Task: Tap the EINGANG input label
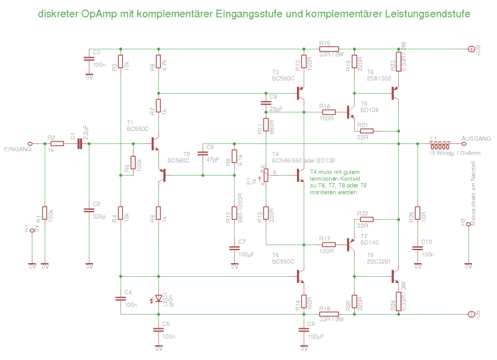click(17, 150)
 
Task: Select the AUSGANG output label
click(476, 138)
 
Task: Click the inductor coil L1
click(440, 143)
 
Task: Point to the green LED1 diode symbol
click(158, 299)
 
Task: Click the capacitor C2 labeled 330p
click(88, 210)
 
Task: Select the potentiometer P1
click(265, 176)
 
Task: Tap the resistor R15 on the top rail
click(329, 48)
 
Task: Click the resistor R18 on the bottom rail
click(329, 313)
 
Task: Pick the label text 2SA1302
click(379, 79)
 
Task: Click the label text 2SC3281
click(379, 261)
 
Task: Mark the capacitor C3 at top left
click(88, 59)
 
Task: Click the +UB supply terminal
click(471, 48)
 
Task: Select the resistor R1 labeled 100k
click(45, 214)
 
